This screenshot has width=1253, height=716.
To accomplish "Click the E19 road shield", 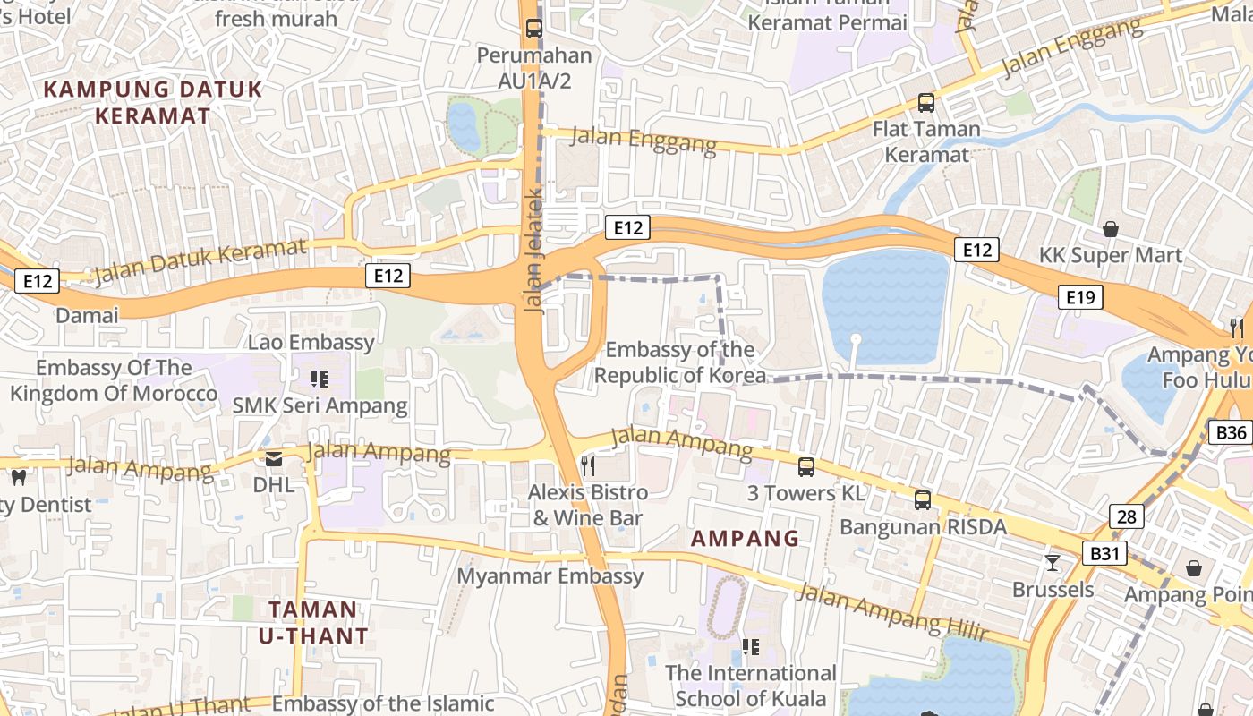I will (1080, 297).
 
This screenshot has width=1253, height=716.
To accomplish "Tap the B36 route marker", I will (1232, 433).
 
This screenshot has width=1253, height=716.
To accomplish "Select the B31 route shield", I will (1105, 554).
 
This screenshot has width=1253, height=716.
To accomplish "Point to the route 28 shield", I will (1127, 516).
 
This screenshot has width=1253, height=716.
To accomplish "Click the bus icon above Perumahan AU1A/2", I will (533, 28).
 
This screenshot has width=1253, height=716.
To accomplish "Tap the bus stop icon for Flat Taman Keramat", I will (925, 103).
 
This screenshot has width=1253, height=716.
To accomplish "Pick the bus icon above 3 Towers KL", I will (805, 466).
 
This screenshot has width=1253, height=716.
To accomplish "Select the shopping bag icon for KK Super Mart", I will (1110, 230).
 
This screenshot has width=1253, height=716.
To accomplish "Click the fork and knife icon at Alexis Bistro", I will (588, 465).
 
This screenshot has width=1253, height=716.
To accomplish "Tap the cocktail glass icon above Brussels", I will (1053, 563).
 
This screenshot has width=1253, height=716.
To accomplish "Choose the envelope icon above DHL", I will (273, 459).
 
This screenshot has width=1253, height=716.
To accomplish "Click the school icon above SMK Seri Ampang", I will (320, 379).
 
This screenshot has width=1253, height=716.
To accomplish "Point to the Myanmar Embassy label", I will (550, 576).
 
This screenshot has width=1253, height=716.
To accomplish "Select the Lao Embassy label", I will (311, 342).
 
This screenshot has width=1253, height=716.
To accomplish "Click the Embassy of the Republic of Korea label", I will (680, 362).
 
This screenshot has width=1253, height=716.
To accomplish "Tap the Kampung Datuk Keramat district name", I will (153, 102).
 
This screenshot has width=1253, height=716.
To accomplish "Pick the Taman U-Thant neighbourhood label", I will (313, 623).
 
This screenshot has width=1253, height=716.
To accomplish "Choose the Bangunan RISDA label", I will (923, 526).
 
